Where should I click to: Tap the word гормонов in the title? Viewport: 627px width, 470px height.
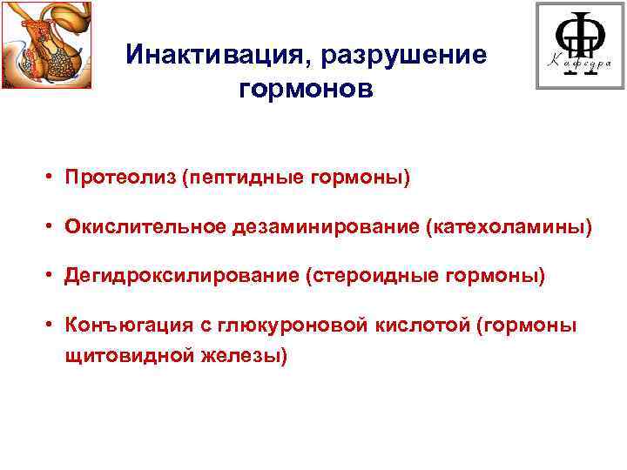coord(304,89)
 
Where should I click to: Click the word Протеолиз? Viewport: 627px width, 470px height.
coord(120,178)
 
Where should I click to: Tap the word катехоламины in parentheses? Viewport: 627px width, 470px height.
coord(507,227)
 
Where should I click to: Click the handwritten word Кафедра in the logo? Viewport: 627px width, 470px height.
coord(577,63)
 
